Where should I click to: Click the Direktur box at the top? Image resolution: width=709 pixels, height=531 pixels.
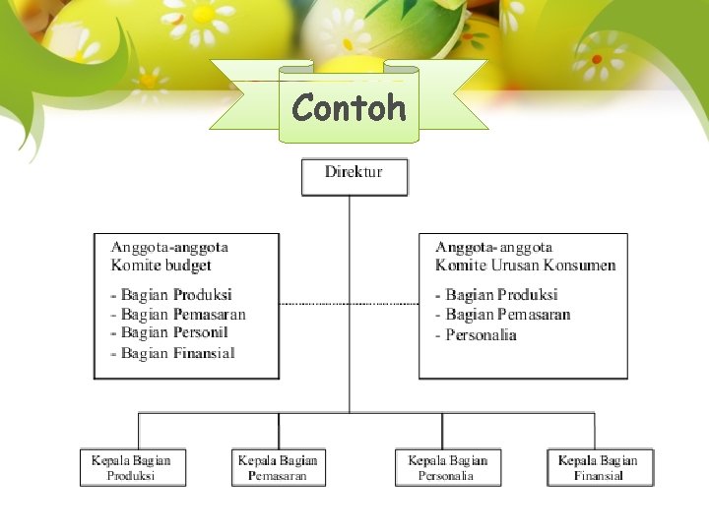[x=354, y=176]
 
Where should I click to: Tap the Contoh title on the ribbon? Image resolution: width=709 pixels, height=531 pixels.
[x=350, y=107]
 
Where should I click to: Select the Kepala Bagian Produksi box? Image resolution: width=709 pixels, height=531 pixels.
[x=132, y=467]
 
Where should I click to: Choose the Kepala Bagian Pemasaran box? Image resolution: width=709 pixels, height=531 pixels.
[x=279, y=467]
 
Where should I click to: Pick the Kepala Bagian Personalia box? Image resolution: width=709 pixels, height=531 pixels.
[x=447, y=467]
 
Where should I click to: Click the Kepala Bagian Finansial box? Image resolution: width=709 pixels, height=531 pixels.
[x=599, y=467]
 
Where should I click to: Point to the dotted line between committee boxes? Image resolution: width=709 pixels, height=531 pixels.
[x=349, y=304]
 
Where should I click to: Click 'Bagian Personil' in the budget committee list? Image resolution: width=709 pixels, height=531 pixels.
[x=174, y=333]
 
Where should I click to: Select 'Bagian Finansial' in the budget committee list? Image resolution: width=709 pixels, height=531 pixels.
[x=177, y=353]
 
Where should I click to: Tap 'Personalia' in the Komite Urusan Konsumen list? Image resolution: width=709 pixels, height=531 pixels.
[x=481, y=335]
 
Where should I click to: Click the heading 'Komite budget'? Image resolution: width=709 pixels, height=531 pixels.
[x=161, y=265]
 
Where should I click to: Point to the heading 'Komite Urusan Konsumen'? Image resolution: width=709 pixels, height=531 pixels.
[x=526, y=265]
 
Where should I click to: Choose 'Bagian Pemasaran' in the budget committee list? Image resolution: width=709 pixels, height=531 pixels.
[x=183, y=315]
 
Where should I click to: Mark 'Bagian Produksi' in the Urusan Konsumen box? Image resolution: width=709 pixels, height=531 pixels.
[x=501, y=295]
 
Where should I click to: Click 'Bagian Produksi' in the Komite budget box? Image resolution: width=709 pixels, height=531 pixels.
[x=176, y=295]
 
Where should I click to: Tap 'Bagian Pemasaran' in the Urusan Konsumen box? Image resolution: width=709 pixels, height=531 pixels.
[x=508, y=315]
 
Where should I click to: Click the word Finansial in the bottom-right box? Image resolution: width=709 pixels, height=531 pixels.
[x=599, y=477]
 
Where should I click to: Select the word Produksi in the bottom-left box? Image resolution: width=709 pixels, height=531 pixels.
[x=132, y=477]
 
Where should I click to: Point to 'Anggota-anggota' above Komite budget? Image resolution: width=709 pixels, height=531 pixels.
[x=169, y=248]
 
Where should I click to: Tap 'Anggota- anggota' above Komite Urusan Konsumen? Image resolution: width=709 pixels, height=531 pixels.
[x=494, y=248]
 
